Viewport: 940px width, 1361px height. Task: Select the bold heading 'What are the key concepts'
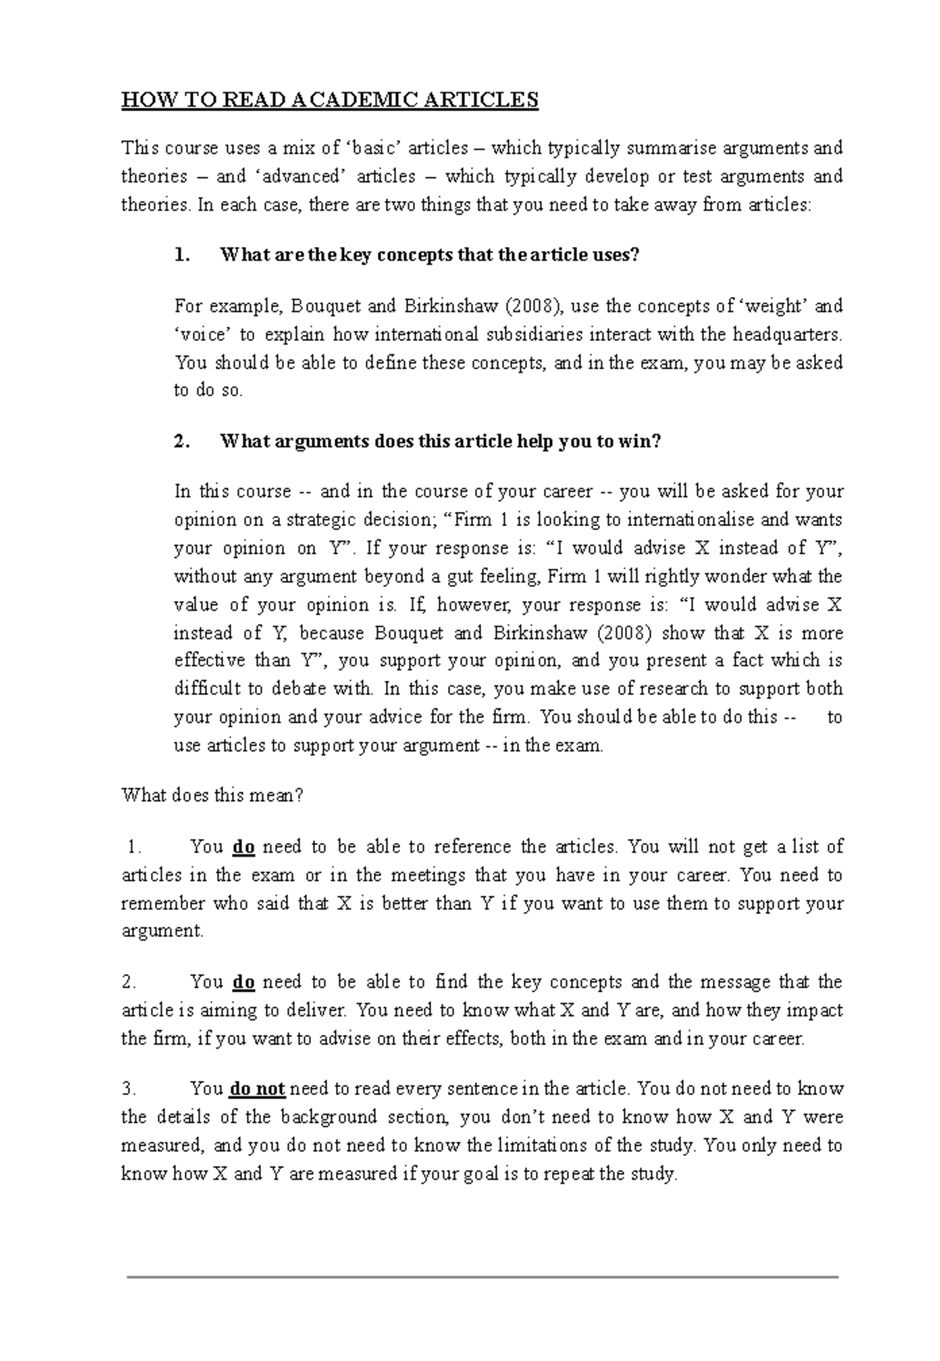coord(430,255)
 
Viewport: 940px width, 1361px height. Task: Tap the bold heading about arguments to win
coord(441,441)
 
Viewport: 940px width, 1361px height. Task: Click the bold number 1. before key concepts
coord(182,255)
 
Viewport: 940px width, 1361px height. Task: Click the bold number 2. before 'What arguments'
coord(182,441)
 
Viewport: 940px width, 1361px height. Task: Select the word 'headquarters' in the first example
coord(788,335)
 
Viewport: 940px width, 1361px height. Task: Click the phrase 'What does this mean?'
coord(211,796)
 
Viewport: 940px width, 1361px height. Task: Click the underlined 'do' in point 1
coord(244,847)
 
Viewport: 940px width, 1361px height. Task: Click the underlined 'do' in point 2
coord(244,982)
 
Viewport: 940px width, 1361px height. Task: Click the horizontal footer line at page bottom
coord(483,1277)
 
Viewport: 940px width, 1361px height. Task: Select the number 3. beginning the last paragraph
coord(129,1089)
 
